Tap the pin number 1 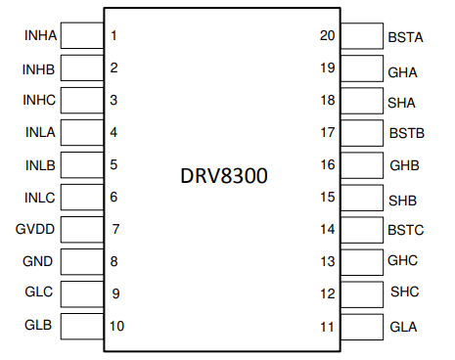click(114, 37)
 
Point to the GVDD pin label click(38, 230)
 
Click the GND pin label click(38, 262)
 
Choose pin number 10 click(117, 326)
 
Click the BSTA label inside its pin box click(405, 38)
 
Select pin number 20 click(328, 36)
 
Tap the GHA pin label click(402, 71)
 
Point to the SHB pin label click(402, 201)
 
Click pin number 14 click(328, 229)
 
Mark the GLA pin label click(402, 327)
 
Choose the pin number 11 click(328, 326)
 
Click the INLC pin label click(40, 198)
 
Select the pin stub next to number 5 click(82, 165)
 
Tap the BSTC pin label click(405, 232)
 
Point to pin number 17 click(328, 132)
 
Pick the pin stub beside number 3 click(82, 101)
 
